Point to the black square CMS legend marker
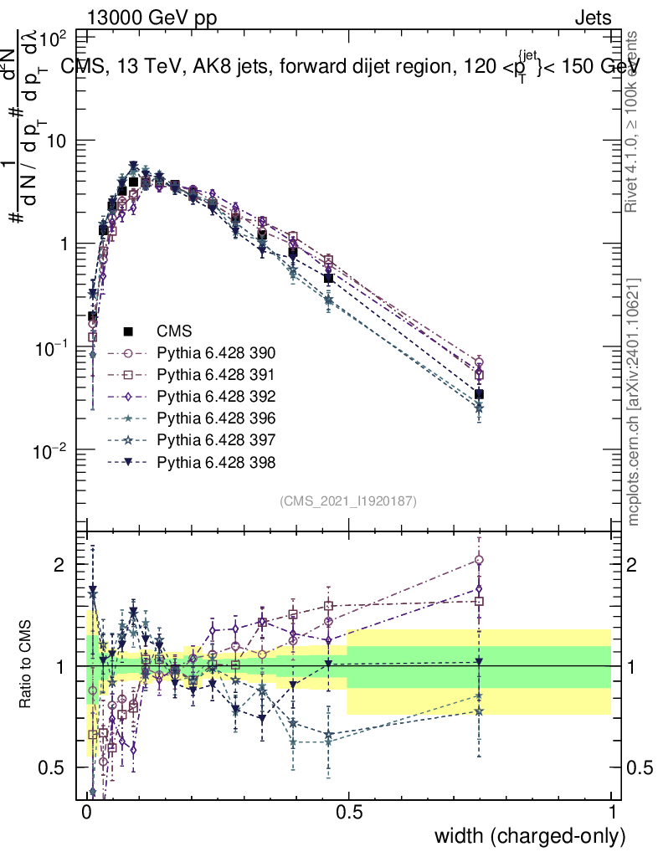[130, 330]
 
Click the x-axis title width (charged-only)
[529, 836]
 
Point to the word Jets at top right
[593, 18]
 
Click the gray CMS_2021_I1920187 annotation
[348, 500]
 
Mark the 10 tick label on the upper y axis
[56, 141]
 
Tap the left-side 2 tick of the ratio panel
[60, 565]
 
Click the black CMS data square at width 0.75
[479, 394]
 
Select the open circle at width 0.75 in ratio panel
[479, 560]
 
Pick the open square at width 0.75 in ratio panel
[479, 601]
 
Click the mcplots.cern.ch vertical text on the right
[634, 402]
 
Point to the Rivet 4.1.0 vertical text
[634, 121]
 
